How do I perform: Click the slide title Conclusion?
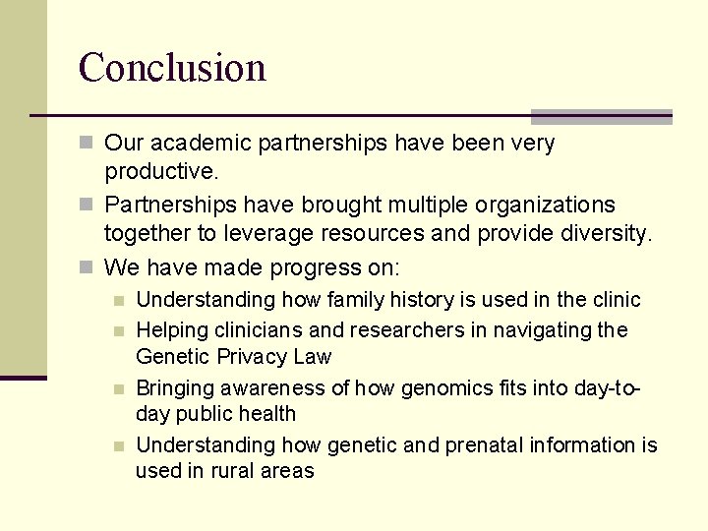point(172,68)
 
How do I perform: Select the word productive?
point(159,171)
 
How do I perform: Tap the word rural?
point(231,471)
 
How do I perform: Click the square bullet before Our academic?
point(87,144)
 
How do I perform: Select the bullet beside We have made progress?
point(87,267)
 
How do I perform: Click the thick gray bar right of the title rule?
point(601,116)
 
